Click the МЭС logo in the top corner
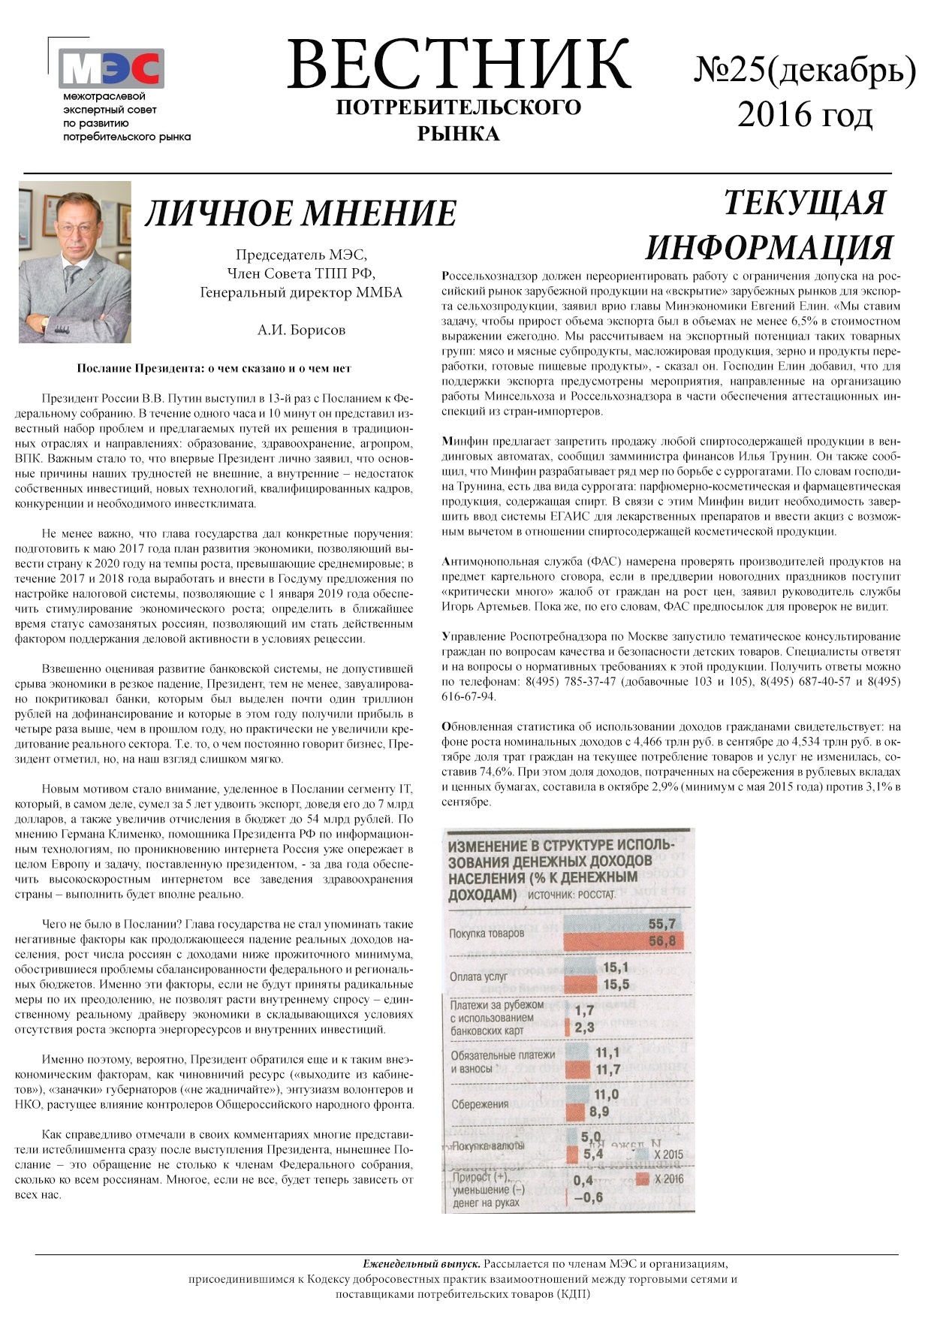click(x=111, y=69)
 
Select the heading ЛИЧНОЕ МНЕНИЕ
click(x=300, y=213)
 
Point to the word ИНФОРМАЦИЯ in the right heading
click(x=769, y=247)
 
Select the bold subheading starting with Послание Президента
click(x=214, y=369)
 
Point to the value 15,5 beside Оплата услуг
click(x=616, y=984)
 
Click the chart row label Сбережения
click(x=480, y=1104)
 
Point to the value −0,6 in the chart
click(x=588, y=1197)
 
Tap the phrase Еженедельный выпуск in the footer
click(x=422, y=1264)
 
